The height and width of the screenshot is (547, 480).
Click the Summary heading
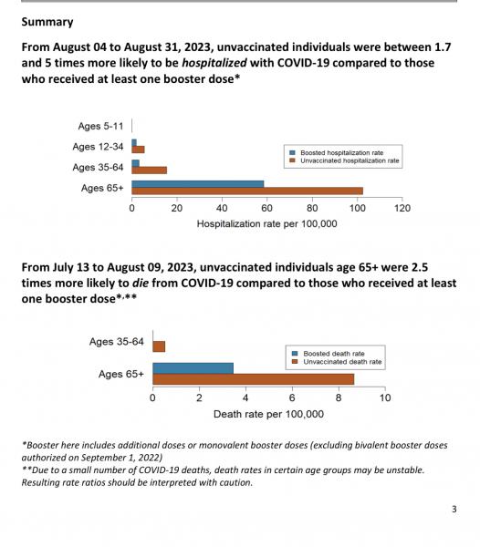(x=47, y=22)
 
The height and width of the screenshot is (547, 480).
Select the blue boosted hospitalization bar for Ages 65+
(x=198, y=184)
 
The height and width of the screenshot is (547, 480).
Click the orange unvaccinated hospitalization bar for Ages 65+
(x=247, y=191)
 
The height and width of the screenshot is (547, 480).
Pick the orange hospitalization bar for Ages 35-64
(x=149, y=170)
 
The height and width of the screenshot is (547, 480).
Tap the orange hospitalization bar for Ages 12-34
(x=138, y=150)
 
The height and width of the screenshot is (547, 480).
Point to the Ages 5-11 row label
(x=100, y=126)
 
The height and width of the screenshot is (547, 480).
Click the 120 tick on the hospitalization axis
(x=402, y=208)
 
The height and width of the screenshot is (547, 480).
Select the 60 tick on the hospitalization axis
(x=266, y=208)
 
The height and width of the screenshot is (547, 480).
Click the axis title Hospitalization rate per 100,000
(x=267, y=223)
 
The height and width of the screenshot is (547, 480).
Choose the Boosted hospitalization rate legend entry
(x=337, y=153)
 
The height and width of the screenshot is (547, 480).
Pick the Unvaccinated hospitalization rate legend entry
(x=344, y=160)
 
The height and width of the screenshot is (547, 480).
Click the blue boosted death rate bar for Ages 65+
(x=193, y=368)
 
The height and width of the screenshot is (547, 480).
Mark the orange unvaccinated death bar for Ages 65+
(x=254, y=379)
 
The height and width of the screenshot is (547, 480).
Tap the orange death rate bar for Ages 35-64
(x=159, y=346)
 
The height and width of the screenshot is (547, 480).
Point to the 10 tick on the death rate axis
(x=385, y=397)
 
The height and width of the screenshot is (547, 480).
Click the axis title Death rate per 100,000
(x=268, y=414)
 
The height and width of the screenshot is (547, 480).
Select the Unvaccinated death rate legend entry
(x=337, y=362)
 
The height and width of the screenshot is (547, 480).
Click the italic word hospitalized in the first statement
(x=214, y=63)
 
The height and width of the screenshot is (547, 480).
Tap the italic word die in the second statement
(x=141, y=283)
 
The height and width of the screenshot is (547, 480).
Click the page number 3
(x=454, y=510)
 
